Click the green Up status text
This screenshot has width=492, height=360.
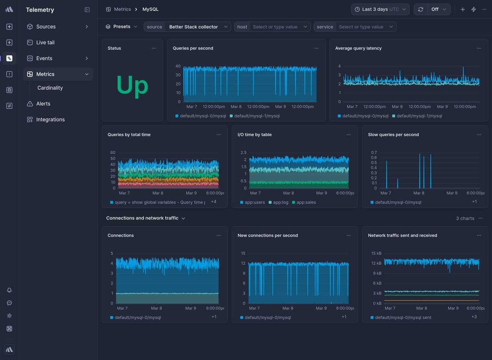[132, 85]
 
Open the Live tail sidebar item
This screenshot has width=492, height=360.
[45, 43]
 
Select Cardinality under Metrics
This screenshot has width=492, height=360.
[50, 88]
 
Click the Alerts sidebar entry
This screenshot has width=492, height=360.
[43, 104]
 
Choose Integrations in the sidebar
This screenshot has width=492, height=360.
[50, 120]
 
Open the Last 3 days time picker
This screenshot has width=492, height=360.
[380, 9]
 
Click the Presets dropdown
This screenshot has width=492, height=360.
[121, 27]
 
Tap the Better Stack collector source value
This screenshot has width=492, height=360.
[193, 27]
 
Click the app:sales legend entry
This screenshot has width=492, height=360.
[306, 202]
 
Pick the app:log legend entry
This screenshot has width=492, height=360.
[280, 202]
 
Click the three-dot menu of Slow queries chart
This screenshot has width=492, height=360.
[479, 135]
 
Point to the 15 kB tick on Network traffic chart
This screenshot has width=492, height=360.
[376, 253]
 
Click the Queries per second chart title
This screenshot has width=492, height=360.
[193, 48]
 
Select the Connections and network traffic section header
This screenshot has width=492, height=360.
[142, 218]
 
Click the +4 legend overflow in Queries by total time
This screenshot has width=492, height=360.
[213, 202]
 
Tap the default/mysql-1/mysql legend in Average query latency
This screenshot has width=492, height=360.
[419, 116]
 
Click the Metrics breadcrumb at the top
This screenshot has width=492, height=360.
[122, 9]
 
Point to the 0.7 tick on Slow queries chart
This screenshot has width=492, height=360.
[374, 153]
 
